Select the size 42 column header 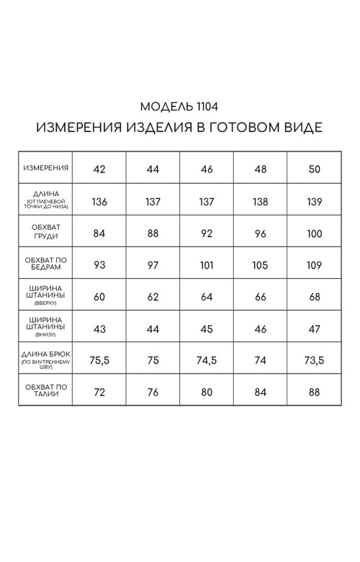click(x=99, y=169)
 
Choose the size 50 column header click(x=314, y=169)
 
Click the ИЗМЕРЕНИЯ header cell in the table click(x=46, y=168)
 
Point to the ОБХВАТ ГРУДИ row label click(x=46, y=231)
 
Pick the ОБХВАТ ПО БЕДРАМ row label click(x=46, y=263)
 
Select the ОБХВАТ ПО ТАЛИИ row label click(x=46, y=392)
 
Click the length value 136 click(x=99, y=201)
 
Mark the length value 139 click(x=314, y=201)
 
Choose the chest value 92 click(x=207, y=233)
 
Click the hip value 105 click(x=260, y=264)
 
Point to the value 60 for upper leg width click(x=99, y=297)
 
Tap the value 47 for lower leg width click(x=314, y=329)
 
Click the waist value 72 click(x=99, y=393)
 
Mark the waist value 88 click(x=314, y=393)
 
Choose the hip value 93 click(x=99, y=264)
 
